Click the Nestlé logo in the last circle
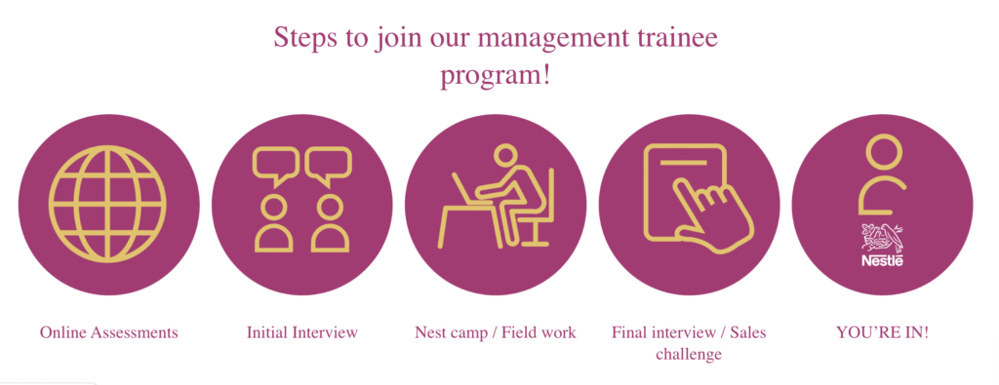pyautogui.click(x=882, y=245)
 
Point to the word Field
pyautogui.click(x=521, y=332)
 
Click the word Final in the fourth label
pyautogui.click(x=630, y=332)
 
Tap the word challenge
pyautogui.click(x=689, y=354)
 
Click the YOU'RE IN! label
pyautogui.click(x=882, y=332)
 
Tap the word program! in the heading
pyautogui.click(x=496, y=75)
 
